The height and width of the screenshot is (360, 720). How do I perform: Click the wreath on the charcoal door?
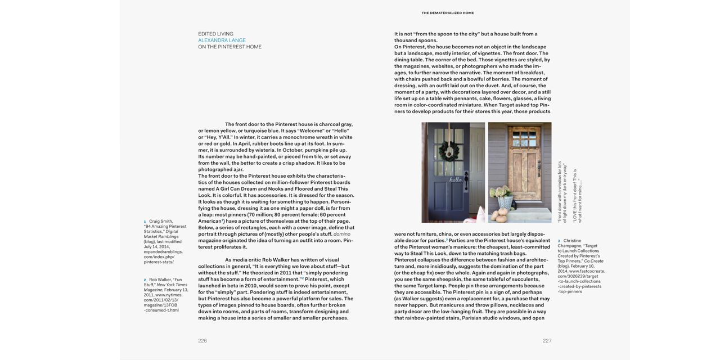coord(449,150)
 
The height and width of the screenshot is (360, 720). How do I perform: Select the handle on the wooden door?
coord(538,169)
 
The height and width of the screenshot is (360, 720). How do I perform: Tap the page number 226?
coord(202,341)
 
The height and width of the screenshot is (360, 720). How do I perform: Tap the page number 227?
coord(547,341)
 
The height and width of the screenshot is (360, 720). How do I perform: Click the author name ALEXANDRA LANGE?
coord(222,40)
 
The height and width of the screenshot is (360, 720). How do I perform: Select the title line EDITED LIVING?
coord(215,34)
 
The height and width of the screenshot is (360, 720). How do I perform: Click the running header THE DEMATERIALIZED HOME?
coord(448,13)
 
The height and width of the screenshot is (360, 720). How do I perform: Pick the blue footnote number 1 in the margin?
coord(145,222)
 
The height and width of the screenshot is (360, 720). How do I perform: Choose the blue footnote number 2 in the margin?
coord(145,280)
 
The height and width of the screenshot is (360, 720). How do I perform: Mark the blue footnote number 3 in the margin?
coord(559,241)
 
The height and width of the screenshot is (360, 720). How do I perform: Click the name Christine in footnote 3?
coord(572,241)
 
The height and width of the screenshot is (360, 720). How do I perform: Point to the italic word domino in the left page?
coord(341,234)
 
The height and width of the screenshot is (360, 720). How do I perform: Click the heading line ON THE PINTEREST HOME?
coord(229,47)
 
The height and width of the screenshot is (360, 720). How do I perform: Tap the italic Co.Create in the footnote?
coord(593,261)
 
